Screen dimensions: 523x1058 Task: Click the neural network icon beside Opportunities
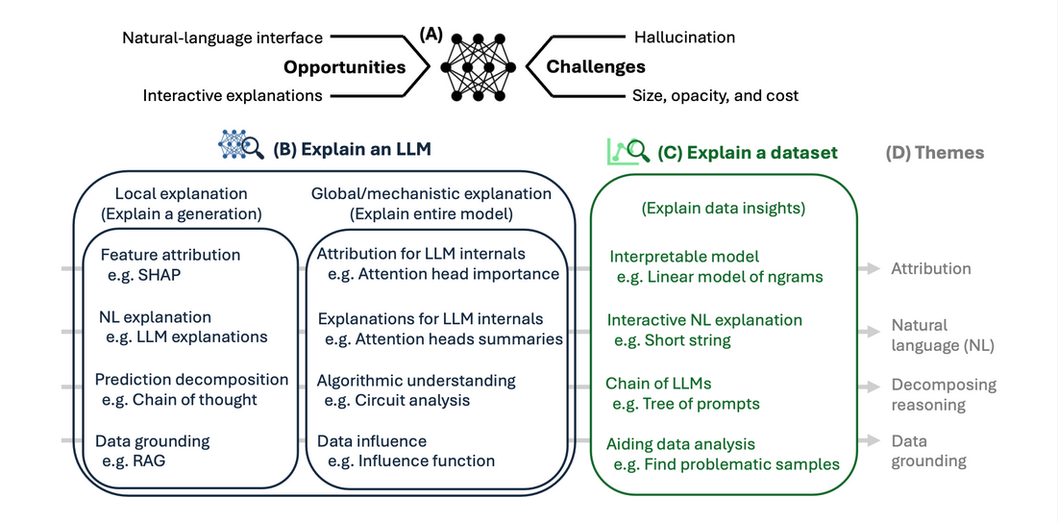478,67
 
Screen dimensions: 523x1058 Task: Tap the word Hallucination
684,37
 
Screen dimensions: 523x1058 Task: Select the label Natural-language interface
222,37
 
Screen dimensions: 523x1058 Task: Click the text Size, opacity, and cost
715,95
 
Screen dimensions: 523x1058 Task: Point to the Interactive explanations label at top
233,95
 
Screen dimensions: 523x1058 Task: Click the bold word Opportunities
344,67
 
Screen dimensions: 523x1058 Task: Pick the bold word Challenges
596,67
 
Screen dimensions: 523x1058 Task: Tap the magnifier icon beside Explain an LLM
241,146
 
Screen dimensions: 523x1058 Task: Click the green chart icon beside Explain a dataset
627,150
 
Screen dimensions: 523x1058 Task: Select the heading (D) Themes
934,152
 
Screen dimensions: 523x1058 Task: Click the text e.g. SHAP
143,275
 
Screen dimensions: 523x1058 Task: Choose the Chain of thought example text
180,399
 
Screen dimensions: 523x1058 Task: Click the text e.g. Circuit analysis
397,399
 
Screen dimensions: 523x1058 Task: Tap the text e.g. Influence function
411,461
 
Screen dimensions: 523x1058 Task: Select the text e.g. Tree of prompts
687,404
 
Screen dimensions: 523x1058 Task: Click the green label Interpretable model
684,257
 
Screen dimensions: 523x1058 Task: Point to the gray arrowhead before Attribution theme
873,269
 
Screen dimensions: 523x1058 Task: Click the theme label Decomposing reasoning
943,394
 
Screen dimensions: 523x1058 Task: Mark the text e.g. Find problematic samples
726,464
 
